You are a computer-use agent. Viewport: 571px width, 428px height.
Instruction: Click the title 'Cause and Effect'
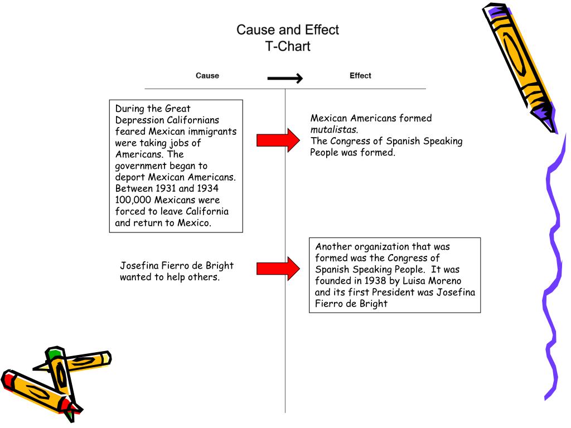click(287, 30)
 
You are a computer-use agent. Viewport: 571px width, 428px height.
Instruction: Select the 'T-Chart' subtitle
click(287, 46)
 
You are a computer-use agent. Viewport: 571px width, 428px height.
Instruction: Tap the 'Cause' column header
click(207, 76)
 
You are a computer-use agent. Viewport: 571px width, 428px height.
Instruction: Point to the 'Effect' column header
click(360, 76)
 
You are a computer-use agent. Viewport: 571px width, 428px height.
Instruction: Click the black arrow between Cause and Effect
click(284, 79)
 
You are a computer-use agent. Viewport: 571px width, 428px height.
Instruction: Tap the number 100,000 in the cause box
click(133, 200)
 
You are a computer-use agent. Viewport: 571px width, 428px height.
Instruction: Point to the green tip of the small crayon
click(54, 353)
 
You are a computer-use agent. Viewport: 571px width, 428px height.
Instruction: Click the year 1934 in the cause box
click(207, 188)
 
